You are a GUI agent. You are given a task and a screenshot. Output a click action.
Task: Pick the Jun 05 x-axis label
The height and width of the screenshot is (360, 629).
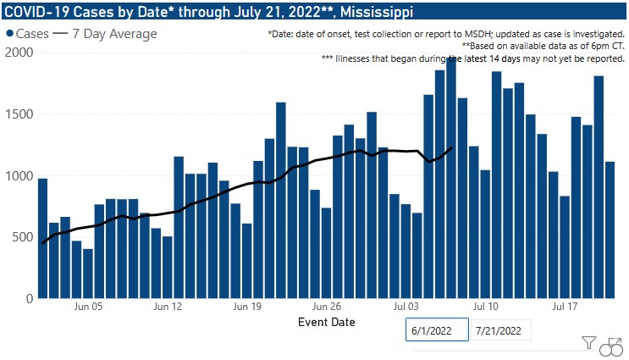click(x=89, y=307)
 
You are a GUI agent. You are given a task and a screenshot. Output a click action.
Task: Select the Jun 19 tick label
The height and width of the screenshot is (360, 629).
click(x=247, y=307)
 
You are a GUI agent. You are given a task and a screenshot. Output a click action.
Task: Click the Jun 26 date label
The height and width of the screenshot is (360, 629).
click(x=327, y=307)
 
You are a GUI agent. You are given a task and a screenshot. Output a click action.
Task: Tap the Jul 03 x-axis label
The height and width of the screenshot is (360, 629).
click(x=406, y=307)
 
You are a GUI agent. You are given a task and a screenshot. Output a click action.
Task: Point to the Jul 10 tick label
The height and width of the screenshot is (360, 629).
click(x=485, y=307)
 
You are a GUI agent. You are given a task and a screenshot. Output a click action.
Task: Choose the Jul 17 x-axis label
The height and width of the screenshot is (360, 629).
click(x=565, y=307)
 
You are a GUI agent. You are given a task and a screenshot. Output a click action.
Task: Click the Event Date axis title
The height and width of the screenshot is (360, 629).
click(x=327, y=323)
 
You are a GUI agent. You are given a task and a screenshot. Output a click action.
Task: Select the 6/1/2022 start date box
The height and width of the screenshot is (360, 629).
click(x=437, y=330)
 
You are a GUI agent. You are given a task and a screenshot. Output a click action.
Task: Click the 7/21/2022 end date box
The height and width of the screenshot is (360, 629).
click(x=500, y=330)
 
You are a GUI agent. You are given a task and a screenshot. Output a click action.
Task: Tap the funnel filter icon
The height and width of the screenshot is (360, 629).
click(x=589, y=343)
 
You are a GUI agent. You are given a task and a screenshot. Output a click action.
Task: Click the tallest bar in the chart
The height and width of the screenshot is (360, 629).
click(x=451, y=178)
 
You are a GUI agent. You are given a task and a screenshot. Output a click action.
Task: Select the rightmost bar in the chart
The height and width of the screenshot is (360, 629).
click(x=610, y=230)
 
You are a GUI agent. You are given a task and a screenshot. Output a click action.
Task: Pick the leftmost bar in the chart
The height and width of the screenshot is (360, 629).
click(x=42, y=238)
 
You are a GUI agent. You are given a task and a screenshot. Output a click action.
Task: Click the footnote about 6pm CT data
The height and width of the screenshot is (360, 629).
click(x=543, y=47)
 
